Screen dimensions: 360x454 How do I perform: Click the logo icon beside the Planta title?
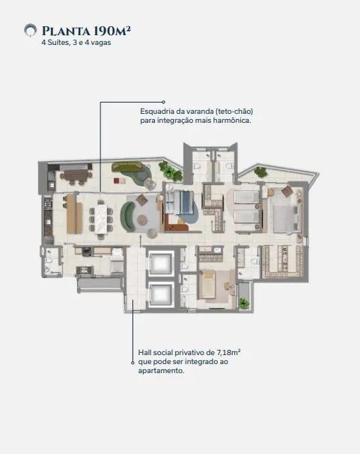[x=30, y=31]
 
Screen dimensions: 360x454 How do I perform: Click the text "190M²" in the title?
[x=112, y=31]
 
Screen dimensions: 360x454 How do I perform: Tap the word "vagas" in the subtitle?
[x=102, y=43]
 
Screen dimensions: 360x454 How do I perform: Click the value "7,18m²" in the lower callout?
[x=228, y=353]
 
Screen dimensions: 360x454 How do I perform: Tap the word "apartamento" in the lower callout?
[x=161, y=371]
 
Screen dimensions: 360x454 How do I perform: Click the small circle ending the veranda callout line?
[x=164, y=102]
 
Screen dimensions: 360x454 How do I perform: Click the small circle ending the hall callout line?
[x=132, y=362]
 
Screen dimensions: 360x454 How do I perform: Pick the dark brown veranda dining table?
[x=76, y=175]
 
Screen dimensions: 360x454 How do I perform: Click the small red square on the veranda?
[x=117, y=181]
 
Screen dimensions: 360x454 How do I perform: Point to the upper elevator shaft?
[x=160, y=262]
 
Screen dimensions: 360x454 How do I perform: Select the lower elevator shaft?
[x=160, y=294]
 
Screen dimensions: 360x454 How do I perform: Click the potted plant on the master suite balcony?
[x=260, y=172]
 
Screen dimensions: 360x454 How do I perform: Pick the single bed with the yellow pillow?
[x=207, y=285]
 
